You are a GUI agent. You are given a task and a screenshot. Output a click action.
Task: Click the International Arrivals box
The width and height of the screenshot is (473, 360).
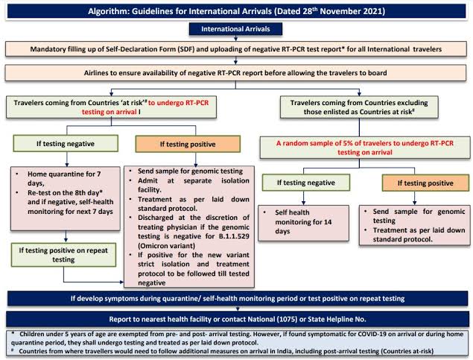point(236,29)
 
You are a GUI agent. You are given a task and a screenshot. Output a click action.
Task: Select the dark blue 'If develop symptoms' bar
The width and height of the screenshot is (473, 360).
point(236,298)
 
